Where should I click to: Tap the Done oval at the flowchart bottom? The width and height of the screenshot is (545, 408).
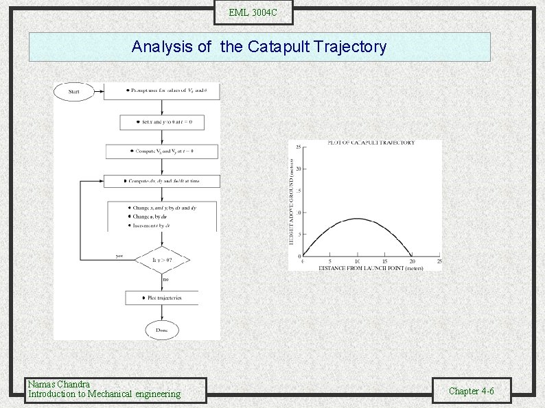[162, 330]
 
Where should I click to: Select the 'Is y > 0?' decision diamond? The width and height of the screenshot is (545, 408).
[162, 260]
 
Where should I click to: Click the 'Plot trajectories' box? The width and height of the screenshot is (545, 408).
[162, 298]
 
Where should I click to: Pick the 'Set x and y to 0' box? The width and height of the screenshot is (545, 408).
[162, 122]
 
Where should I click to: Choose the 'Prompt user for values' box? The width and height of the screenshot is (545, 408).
[162, 91]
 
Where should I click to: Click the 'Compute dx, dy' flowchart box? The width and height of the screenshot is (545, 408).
[162, 181]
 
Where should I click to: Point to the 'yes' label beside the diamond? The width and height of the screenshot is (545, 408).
[119, 256]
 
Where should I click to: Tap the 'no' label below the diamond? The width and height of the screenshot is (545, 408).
[165, 279]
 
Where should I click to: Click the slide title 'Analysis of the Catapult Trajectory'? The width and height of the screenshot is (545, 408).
[259, 47]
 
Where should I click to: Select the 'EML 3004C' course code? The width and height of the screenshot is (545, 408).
[253, 12]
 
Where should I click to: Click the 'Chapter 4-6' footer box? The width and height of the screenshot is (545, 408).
[471, 391]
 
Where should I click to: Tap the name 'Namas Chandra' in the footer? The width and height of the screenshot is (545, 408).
[58, 384]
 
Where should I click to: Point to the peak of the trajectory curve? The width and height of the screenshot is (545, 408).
[357, 219]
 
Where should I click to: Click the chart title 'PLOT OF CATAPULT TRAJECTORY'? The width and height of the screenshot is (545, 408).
[371, 143]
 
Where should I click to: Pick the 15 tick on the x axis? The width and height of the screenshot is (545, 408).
[384, 261]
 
